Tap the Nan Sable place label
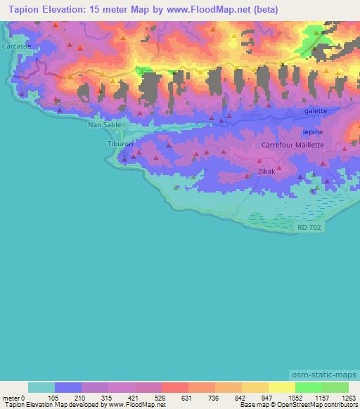(x=104, y=125)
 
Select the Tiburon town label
(x=120, y=143)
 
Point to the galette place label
(x=316, y=111)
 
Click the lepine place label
(x=312, y=131)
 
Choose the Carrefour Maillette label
(x=292, y=145)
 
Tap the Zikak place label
(x=266, y=171)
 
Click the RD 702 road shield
(x=309, y=226)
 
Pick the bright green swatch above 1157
(x=309, y=387)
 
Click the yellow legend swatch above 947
(x=255, y=387)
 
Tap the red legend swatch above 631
(x=175, y=387)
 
